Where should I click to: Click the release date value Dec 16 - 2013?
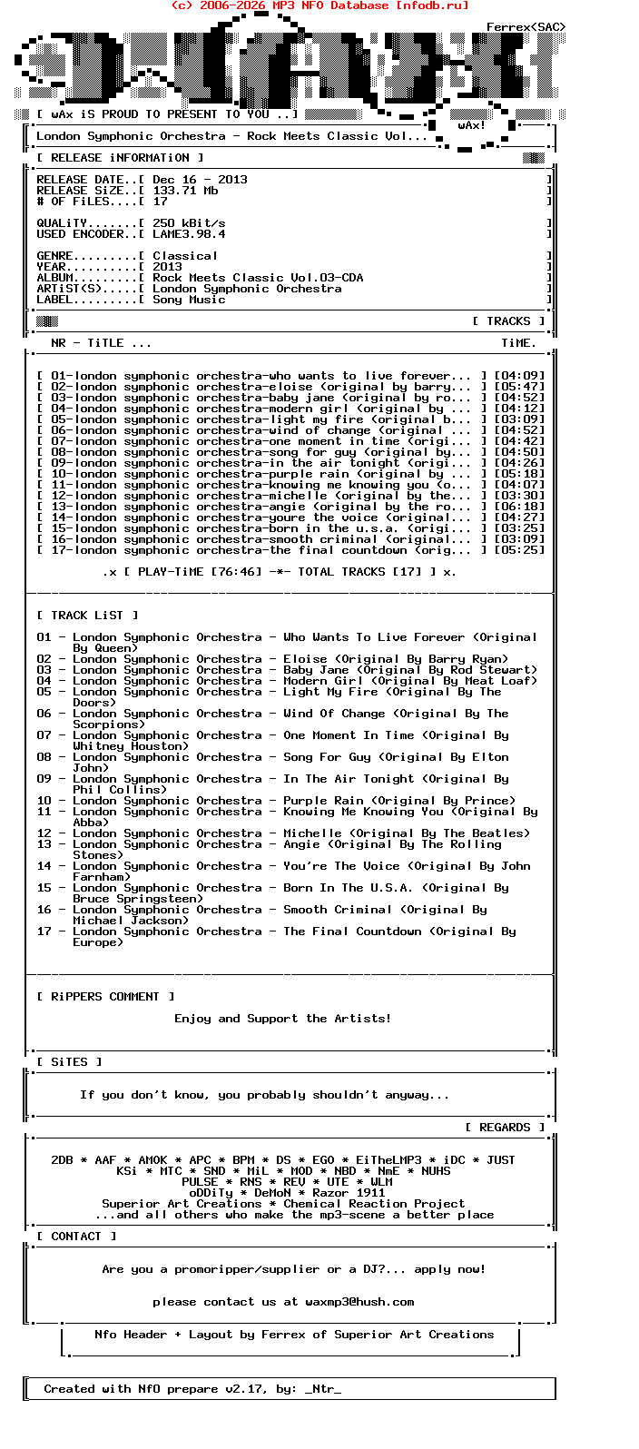pos(200,180)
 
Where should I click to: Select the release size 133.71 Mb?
pos(185,191)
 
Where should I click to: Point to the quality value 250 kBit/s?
pos(189,223)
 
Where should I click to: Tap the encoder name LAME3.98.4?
pos(189,234)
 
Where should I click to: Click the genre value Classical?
pos(185,256)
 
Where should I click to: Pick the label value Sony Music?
pos(189,300)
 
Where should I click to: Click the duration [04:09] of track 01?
pos(519,376)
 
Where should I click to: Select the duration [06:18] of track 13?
pos(519,507)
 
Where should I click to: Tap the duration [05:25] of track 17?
pos(519,550)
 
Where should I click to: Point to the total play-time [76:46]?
pos(236,572)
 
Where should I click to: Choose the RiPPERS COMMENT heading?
pos(105,997)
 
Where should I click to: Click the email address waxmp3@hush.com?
pos(359,1302)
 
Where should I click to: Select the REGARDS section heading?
pos(505,1128)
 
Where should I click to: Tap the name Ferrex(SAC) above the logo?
pos(526,27)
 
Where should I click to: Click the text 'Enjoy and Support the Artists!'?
pos(283,1019)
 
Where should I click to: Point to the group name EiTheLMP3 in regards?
pos(388,1160)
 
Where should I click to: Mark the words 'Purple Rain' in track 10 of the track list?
pos(323,801)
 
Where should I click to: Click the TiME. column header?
pos(518,343)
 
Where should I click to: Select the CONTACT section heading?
pos(76,1237)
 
